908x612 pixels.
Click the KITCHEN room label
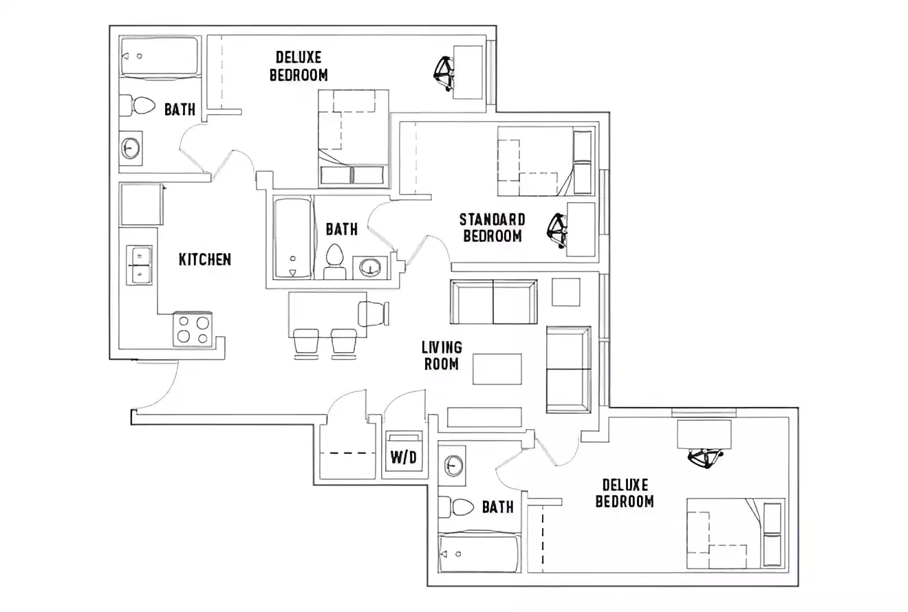pos(204,259)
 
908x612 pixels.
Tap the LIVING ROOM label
pos(442,356)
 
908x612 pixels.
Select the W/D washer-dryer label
pos(403,457)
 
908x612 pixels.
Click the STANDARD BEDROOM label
pos(492,228)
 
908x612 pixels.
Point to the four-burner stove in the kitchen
pos(193,329)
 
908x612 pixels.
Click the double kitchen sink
pos(139,264)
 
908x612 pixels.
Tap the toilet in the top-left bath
pos(140,106)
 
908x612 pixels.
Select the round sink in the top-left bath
pos(131,148)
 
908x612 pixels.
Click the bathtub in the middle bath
pos(292,238)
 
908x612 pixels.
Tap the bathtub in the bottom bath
pos(479,553)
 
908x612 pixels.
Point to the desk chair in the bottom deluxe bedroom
pos(705,458)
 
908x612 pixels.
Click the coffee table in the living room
pos(497,369)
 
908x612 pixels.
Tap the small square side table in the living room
pos(566,292)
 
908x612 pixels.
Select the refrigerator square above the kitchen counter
pos(142,204)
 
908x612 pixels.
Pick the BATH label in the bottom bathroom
pos(497,507)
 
